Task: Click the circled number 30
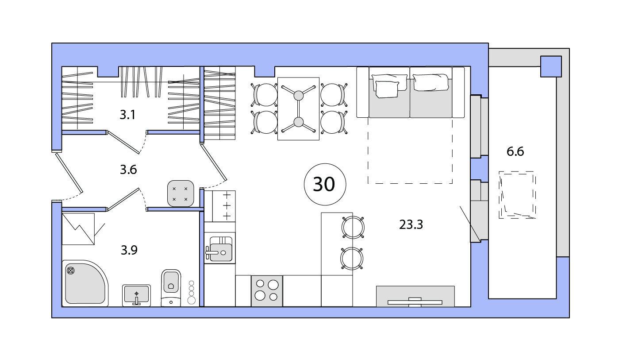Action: [x=325, y=184]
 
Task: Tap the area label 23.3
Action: [x=411, y=225]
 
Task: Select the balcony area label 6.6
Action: [x=515, y=151]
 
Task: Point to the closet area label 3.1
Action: [x=127, y=115]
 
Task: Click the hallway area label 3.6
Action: [x=128, y=170]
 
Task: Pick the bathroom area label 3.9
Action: [x=129, y=250]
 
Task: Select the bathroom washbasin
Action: [x=136, y=295]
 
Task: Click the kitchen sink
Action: [x=220, y=248]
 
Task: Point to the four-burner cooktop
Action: [x=267, y=291]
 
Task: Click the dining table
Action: [x=299, y=108]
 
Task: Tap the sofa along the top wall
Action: [x=410, y=93]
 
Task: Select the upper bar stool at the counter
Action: [x=353, y=227]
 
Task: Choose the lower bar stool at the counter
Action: [x=352, y=259]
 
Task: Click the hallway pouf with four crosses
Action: [x=181, y=194]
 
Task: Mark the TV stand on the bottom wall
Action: [x=415, y=296]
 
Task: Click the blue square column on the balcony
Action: [x=551, y=66]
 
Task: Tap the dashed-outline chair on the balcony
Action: [x=517, y=195]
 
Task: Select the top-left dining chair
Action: [x=265, y=95]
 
